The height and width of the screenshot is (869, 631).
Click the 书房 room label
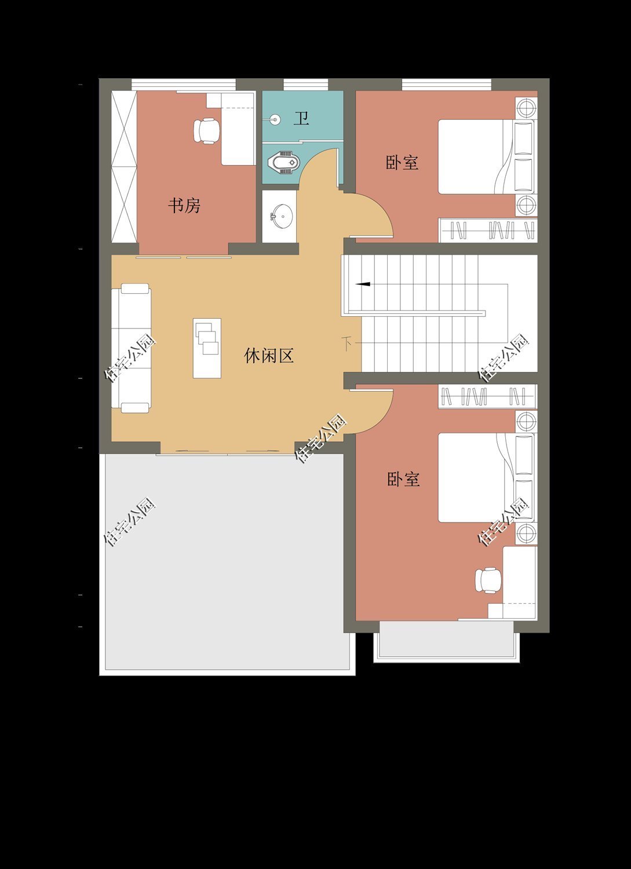pyautogui.click(x=184, y=205)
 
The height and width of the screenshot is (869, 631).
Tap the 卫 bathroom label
pyautogui.click(x=301, y=119)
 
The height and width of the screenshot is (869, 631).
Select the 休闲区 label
pyautogui.click(x=269, y=355)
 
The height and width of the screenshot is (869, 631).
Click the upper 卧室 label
pyautogui.click(x=402, y=162)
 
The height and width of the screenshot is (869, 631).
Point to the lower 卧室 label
pyautogui.click(x=403, y=479)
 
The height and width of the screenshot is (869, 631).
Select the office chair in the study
pyautogui.click(x=206, y=131)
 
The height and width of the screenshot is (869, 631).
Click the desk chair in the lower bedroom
pyautogui.click(x=488, y=580)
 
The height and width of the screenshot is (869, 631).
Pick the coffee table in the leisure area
pyautogui.click(x=207, y=348)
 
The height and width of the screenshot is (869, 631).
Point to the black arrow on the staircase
pyautogui.click(x=363, y=284)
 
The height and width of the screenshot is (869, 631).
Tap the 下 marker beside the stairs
pyautogui.click(x=346, y=343)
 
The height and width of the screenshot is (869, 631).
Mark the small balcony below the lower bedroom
pyautogui.click(x=446, y=640)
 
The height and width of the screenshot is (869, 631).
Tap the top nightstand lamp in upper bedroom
pyautogui.click(x=526, y=108)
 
